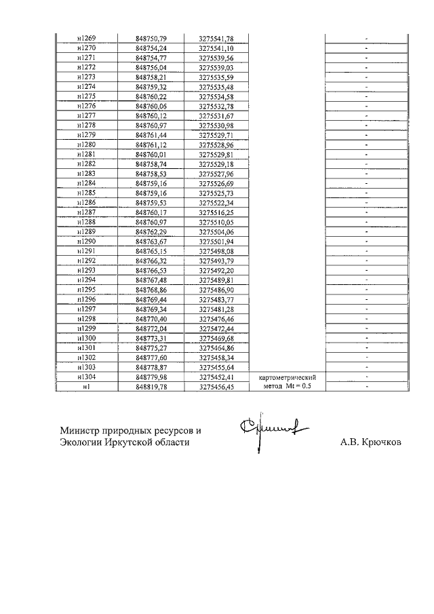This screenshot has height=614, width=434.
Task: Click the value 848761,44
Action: (x=151, y=135)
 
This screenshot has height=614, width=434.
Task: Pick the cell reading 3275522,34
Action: (x=216, y=203)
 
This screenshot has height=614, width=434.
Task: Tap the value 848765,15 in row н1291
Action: (x=151, y=251)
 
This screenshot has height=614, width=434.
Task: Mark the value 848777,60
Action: (x=151, y=358)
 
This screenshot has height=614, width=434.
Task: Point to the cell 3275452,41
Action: (x=216, y=377)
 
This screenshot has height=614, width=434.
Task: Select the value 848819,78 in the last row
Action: (x=151, y=387)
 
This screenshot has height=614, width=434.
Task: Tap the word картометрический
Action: (x=289, y=377)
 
